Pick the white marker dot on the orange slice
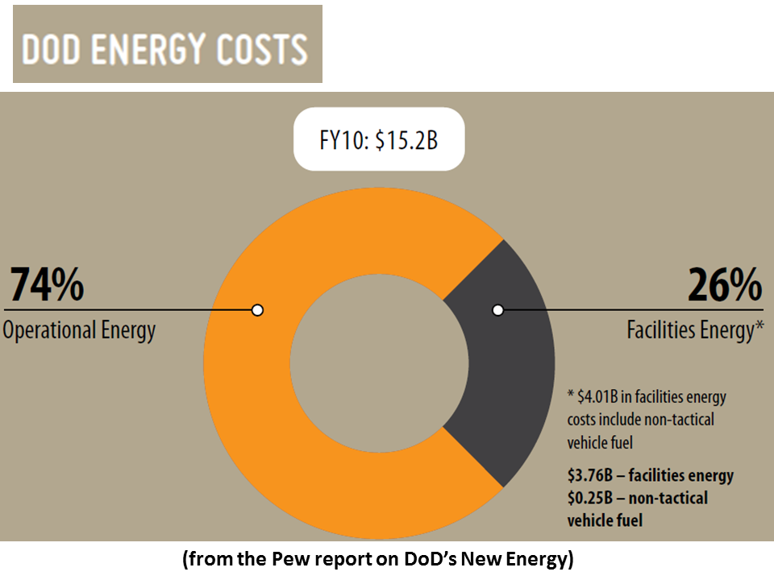click(x=257, y=310)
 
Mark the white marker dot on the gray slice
click(x=497, y=310)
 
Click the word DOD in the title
click(x=52, y=49)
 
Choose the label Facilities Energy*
click(x=695, y=331)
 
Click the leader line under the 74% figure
click(x=121, y=310)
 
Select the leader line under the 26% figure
click(x=645, y=309)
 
